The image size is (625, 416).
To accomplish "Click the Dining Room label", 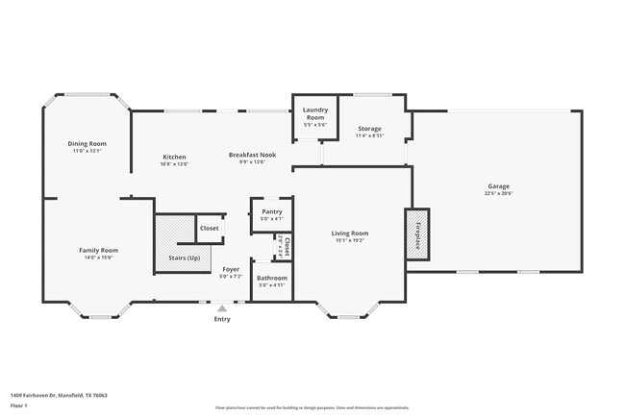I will [x=86, y=143].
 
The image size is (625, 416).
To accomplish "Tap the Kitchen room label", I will [x=174, y=156].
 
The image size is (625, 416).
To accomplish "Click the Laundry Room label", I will [x=315, y=113].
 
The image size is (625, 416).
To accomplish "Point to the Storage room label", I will [x=369, y=128].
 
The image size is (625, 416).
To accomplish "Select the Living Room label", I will [x=350, y=232].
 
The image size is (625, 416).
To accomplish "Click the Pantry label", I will [x=272, y=211].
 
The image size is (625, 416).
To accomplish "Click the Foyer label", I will [x=231, y=269].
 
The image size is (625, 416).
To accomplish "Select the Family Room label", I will [x=98, y=250].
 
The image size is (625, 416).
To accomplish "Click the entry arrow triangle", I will [x=222, y=308].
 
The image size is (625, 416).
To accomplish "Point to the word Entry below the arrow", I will [x=222, y=319].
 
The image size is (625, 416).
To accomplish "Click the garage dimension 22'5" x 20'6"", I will [x=498, y=193].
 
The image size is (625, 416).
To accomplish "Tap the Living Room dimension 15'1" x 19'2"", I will [x=350, y=240].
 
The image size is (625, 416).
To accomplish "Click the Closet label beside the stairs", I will [x=209, y=228].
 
